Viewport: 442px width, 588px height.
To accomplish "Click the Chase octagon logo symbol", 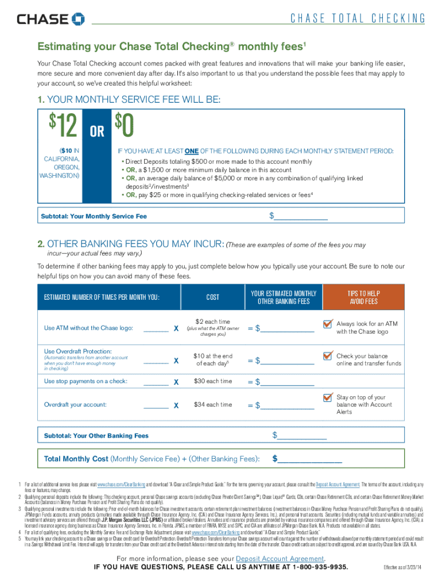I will pos(77,20).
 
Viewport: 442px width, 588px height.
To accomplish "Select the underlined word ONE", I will pos(192,151).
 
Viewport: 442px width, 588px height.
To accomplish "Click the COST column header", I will pos(213,297).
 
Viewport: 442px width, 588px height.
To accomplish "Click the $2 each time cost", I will pos(212,322).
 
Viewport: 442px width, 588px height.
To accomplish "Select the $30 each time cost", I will pos(212,381).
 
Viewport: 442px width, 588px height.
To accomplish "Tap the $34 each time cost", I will pos(212,405).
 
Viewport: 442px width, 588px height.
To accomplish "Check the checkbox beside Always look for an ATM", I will pos(328,326).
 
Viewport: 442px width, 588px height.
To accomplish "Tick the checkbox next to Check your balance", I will pos(328,357).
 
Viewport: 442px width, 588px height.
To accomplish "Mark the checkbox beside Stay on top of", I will pos(328,398).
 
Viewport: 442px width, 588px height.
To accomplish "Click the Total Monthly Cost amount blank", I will pos(310,459).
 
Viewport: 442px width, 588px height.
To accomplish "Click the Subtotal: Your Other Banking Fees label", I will pos(96,436).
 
